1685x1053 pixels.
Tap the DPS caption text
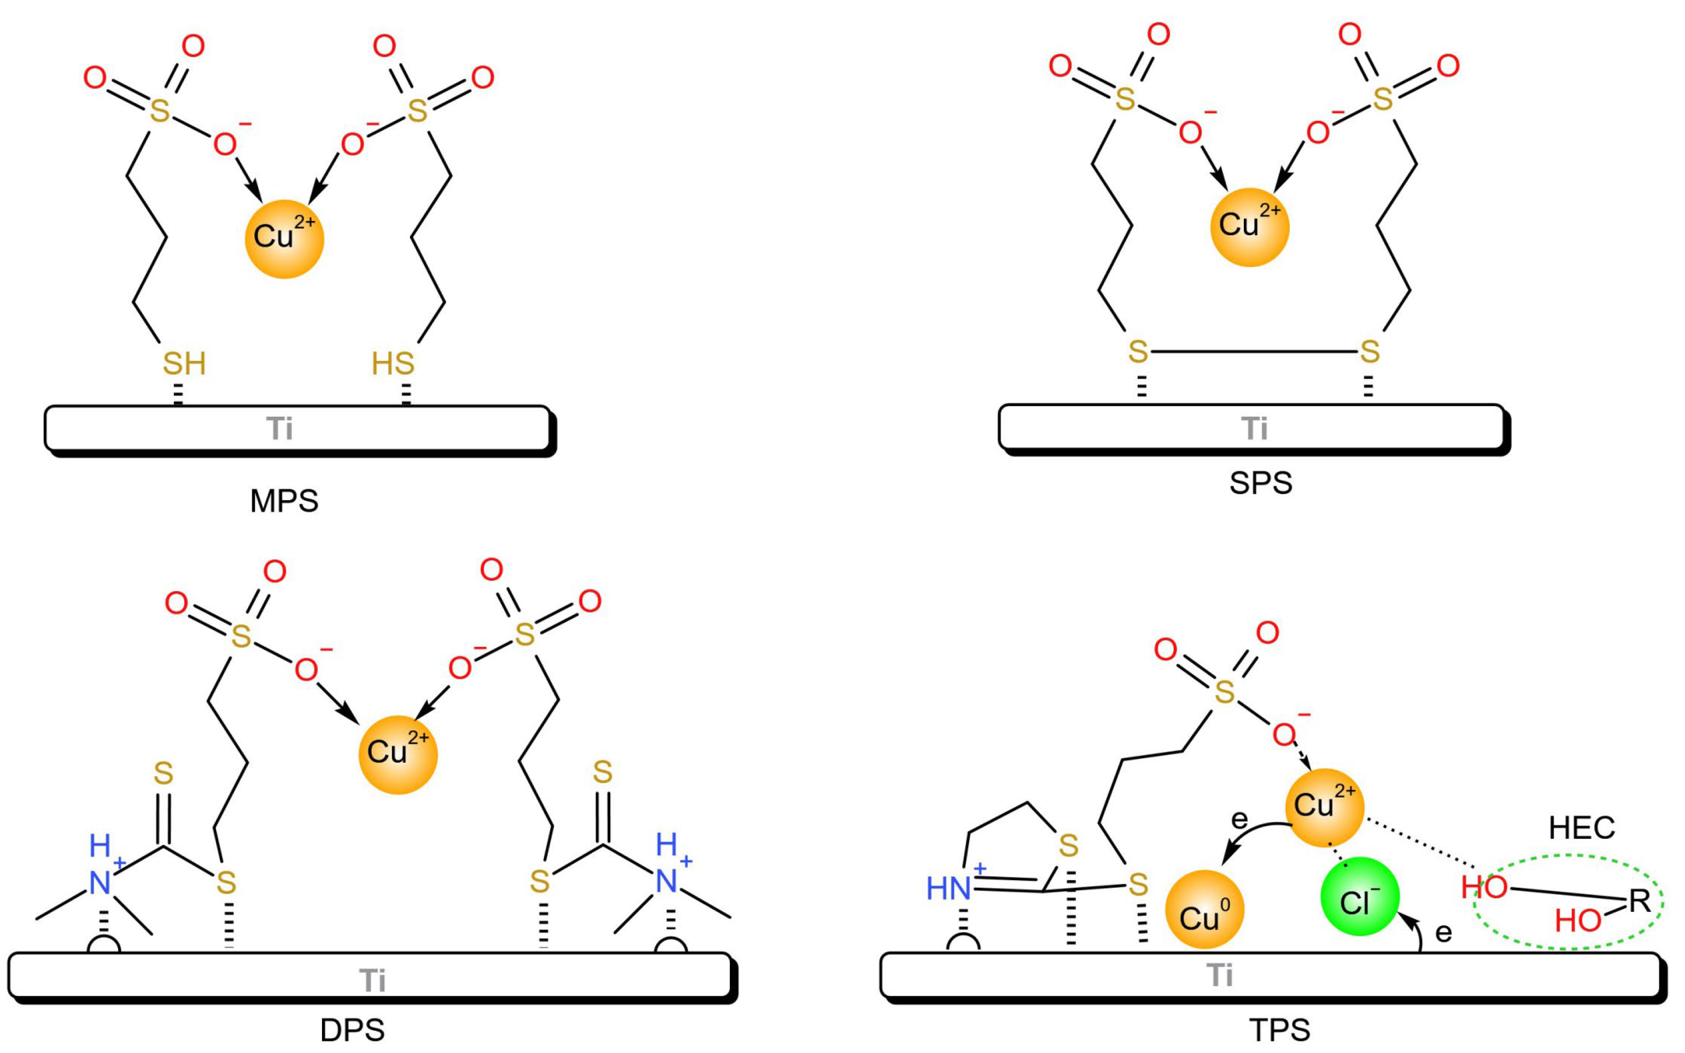[352, 1030]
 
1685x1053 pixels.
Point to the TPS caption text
[1280, 1030]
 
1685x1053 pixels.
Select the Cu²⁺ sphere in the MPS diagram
[284, 239]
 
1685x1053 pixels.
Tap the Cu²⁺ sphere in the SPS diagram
[1250, 227]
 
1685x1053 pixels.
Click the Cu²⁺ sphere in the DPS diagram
[397, 755]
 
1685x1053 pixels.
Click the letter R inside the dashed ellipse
[1639, 900]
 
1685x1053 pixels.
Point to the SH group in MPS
[184, 364]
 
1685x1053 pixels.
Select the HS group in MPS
[393, 364]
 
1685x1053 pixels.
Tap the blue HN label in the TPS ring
[949, 888]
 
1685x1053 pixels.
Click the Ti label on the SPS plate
[1255, 428]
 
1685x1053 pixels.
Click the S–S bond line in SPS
[1253, 352]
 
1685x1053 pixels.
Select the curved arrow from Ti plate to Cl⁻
[1418, 933]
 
